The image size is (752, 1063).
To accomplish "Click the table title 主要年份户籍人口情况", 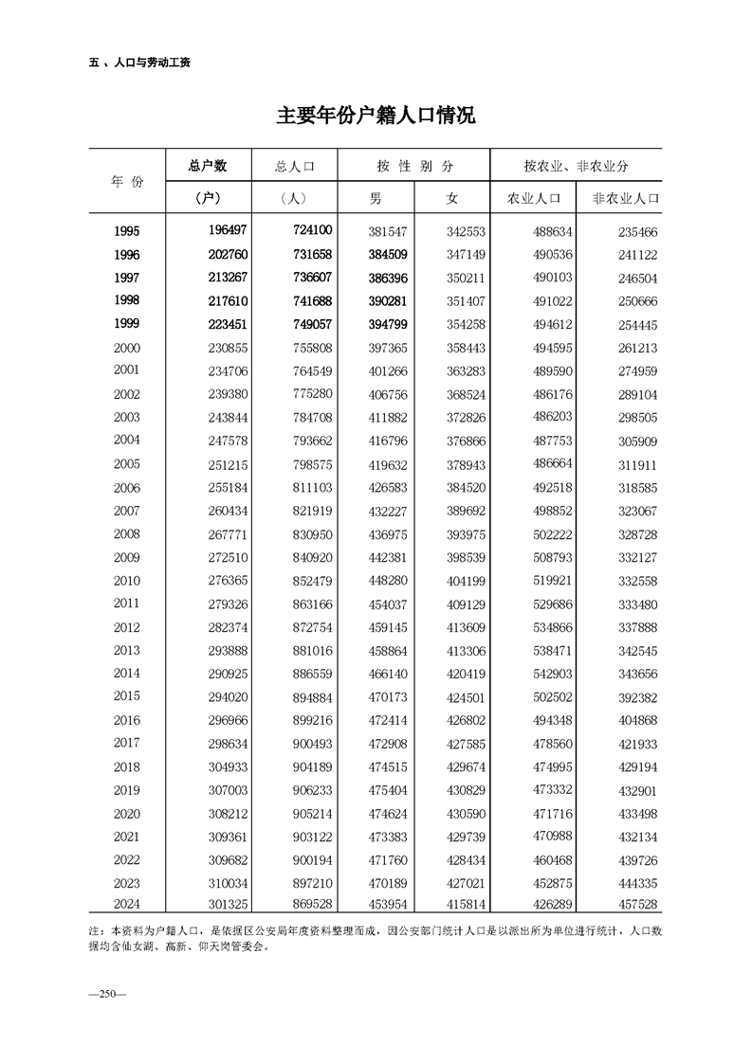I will tap(376, 117).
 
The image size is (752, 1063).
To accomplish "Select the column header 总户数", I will tap(208, 166).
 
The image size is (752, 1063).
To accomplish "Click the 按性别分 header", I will tap(414, 166).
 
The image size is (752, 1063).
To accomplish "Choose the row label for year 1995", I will tap(126, 231).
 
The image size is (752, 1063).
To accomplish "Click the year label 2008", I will tap(126, 534).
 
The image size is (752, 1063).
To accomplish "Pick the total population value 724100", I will tap(307, 231).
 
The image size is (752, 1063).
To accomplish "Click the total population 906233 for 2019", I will tap(307, 790).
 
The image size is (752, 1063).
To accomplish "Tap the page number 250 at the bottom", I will tap(101, 993).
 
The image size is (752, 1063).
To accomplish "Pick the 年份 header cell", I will tap(127, 181).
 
